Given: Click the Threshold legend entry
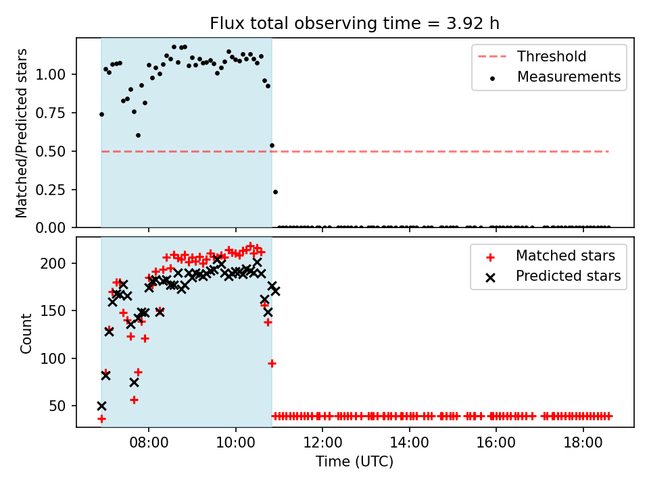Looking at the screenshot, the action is [532, 56].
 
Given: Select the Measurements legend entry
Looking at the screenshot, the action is [554, 77].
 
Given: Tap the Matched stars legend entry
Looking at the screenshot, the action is [550, 256].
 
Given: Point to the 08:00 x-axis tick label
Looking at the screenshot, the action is [149, 443].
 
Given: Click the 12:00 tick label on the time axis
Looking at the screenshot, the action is [322, 443].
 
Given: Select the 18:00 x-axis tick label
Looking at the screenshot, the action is [583, 443].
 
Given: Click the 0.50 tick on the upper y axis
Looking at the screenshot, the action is [51, 151].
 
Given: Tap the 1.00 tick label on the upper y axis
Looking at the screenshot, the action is [51, 75].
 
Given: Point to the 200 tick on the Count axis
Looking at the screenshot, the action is [54, 263].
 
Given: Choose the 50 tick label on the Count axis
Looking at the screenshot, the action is [58, 406].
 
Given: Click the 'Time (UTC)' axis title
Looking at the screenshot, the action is [355, 461].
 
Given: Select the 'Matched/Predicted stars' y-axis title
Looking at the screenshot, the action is [22, 133].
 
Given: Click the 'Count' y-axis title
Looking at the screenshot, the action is [26, 333].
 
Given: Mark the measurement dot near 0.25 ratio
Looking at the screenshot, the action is [275, 192].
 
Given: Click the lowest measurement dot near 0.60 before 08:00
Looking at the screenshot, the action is [138, 135].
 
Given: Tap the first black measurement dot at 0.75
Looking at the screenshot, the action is [101, 115].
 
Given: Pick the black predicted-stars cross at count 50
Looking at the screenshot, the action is [101, 406].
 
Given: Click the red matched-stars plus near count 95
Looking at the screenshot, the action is [272, 363].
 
